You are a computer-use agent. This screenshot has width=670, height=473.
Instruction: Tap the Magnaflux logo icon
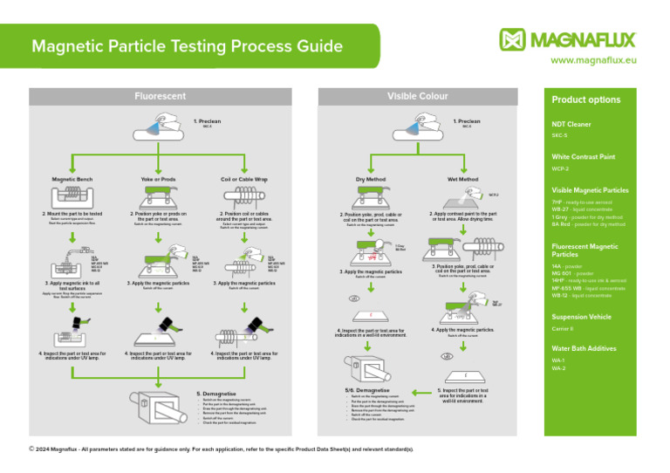pos(514,39)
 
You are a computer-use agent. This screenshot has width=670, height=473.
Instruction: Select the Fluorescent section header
pos(159,95)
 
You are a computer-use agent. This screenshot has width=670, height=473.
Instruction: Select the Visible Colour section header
pos(417,95)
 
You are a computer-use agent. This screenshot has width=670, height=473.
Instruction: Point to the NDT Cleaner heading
pos(571,125)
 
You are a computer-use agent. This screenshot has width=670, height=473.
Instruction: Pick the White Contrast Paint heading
pos(584,157)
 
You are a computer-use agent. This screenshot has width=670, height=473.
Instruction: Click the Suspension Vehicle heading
pos(582,317)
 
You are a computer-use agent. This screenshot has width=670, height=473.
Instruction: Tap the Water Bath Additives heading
pos(584,348)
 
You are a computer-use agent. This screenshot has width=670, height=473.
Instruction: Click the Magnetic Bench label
pos(72,179)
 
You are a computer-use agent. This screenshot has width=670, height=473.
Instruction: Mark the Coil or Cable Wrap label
pos(243,179)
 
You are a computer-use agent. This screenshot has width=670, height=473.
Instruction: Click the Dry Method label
pos(371,180)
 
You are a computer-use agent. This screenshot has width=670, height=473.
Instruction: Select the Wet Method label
pos(462,180)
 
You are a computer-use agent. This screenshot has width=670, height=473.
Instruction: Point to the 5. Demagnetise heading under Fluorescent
pos(215,394)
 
